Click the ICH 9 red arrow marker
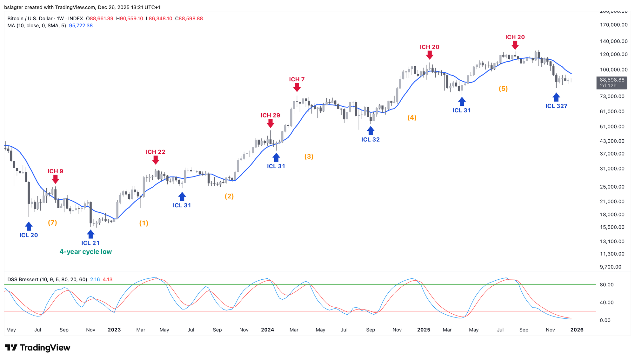[55, 179]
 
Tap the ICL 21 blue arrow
[90, 234]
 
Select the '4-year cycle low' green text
[86, 252]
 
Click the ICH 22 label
[156, 152]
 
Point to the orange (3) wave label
[309, 156]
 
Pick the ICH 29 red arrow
[271, 123]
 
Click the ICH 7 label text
[297, 79]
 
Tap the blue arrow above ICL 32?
[556, 97]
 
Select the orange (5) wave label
[503, 89]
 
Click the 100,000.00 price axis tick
[613, 70]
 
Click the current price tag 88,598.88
[612, 80]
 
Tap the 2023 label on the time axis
[114, 330]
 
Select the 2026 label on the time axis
[577, 330]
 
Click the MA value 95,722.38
[81, 26]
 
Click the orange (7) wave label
[52, 223]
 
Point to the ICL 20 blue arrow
[29, 226]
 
